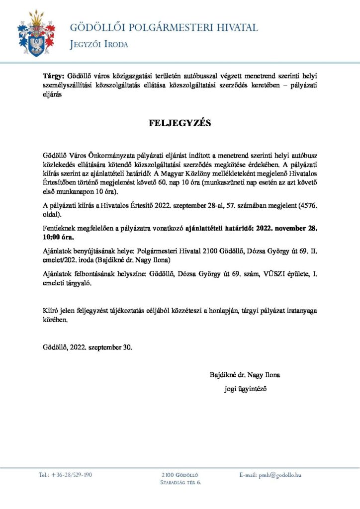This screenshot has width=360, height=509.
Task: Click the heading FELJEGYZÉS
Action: click(x=180, y=123)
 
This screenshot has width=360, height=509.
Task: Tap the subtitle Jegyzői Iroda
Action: click(x=99, y=45)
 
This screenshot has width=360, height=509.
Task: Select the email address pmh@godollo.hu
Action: click(x=280, y=476)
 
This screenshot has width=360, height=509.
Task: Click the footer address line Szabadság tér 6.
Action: click(x=180, y=483)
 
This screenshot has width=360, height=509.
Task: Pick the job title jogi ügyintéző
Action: click(x=246, y=388)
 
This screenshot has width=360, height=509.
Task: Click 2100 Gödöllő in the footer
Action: click(x=180, y=475)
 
